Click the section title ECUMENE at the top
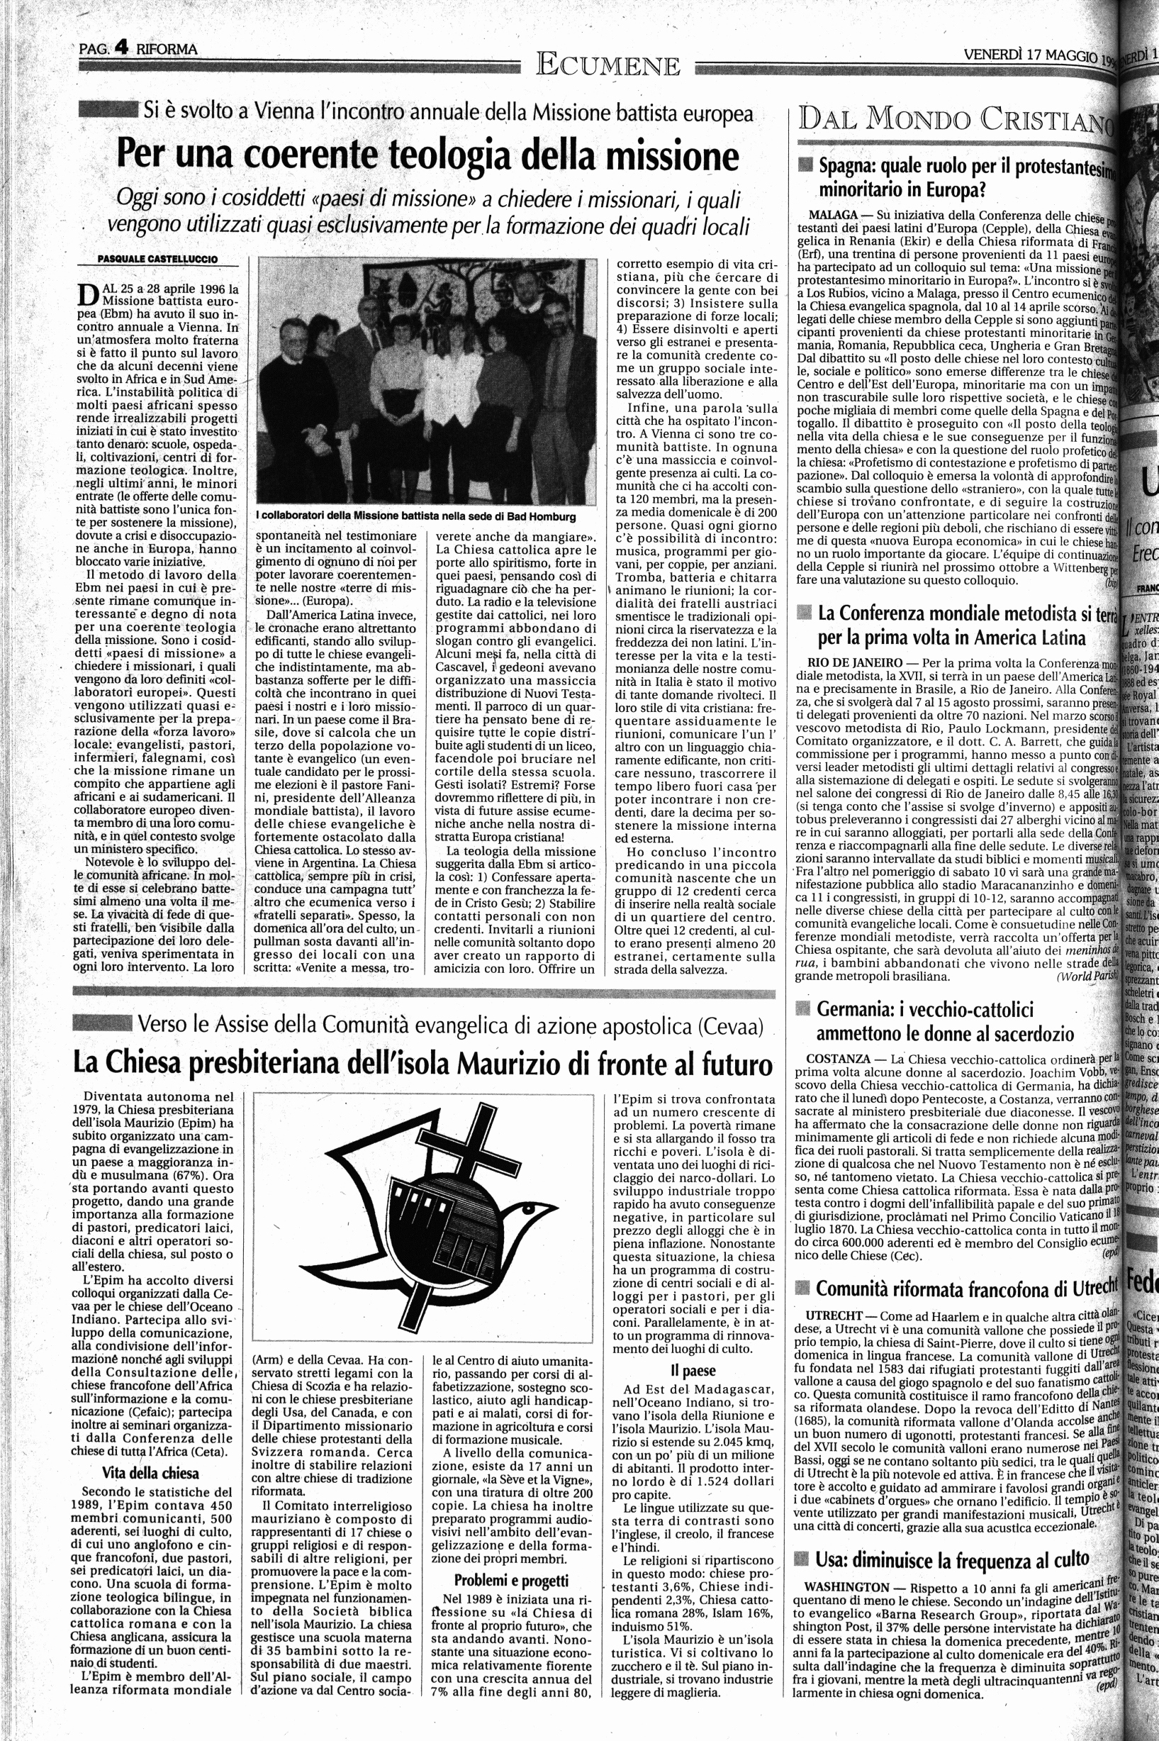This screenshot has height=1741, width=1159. pyautogui.click(x=608, y=66)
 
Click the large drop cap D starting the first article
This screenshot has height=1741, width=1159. pyautogui.click(x=88, y=295)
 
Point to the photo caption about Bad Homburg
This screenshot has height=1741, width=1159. pyautogui.click(x=415, y=516)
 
